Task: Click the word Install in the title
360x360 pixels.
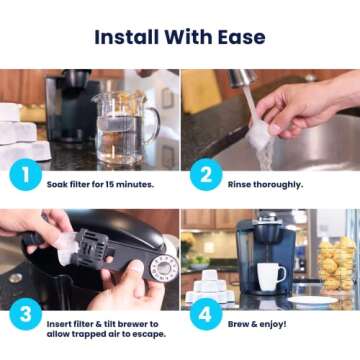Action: (x=129, y=38)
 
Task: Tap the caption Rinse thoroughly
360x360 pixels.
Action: (x=264, y=185)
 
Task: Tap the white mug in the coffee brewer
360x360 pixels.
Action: (x=270, y=274)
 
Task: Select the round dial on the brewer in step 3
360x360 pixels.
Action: (x=161, y=266)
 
